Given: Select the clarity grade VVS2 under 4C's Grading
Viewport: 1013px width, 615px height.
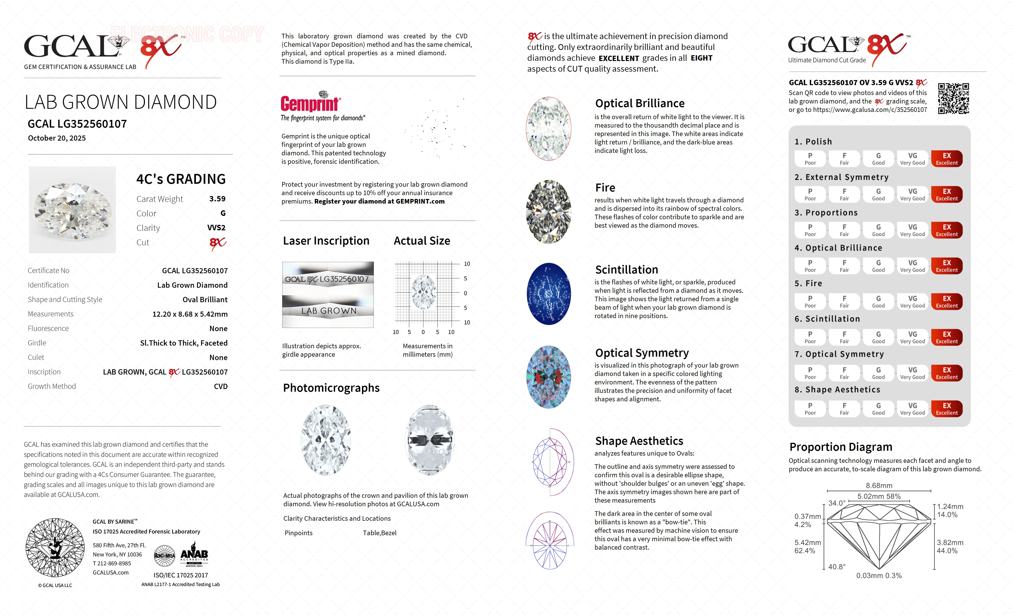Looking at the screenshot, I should click(x=216, y=228).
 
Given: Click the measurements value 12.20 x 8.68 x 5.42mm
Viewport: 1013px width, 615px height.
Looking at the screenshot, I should click(x=190, y=314).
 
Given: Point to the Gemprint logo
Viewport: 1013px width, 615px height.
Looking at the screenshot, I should click(x=310, y=103).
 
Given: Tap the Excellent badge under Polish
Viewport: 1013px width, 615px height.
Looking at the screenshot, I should click(x=946, y=159).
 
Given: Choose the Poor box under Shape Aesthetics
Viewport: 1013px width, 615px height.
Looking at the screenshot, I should click(x=810, y=409).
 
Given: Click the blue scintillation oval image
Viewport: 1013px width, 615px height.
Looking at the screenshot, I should click(x=549, y=294).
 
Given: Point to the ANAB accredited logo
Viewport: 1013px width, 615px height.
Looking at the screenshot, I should click(x=194, y=555).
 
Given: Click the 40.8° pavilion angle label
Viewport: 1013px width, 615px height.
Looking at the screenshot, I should click(x=837, y=567).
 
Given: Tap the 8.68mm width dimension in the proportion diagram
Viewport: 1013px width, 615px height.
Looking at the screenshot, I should click(x=879, y=485).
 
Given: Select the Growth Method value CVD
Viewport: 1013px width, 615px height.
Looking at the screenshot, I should click(x=220, y=386).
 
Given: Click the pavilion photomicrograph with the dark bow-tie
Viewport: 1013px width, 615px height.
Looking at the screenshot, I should click(x=430, y=440).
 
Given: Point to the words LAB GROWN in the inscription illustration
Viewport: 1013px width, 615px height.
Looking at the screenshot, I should click(x=329, y=311).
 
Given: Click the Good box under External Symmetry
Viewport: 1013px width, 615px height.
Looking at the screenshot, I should click(x=878, y=194).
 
